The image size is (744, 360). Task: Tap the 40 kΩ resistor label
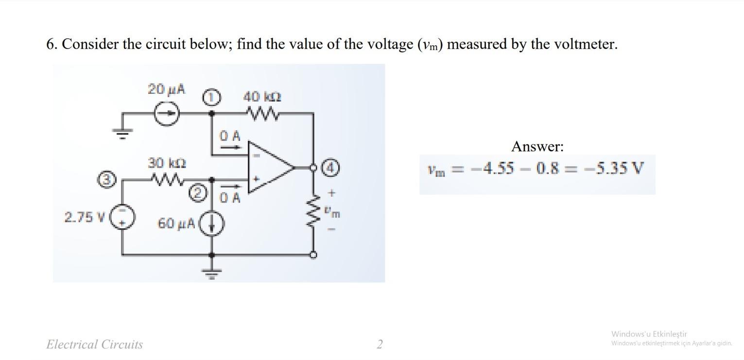click(x=262, y=97)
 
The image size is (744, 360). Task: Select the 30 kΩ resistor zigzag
click(x=166, y=180)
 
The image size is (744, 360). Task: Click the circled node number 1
click(x=211, y=97)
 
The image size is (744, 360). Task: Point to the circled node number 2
click(x=196, y=193)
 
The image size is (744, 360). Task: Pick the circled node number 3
click(x=108, y=179)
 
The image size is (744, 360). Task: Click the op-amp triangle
click(x=269, y=168)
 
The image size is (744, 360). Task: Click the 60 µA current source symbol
click(x=211, y=224)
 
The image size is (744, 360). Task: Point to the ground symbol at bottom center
click(x=211, y=274)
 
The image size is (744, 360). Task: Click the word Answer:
click(x=537, y=146)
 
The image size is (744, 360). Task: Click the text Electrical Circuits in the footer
click(x=94, y=344)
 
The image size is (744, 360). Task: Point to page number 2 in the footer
click(x=380, y=344)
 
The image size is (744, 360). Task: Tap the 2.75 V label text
click(x=85, y=217)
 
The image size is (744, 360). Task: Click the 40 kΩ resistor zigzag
click(x=262, y=114)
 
